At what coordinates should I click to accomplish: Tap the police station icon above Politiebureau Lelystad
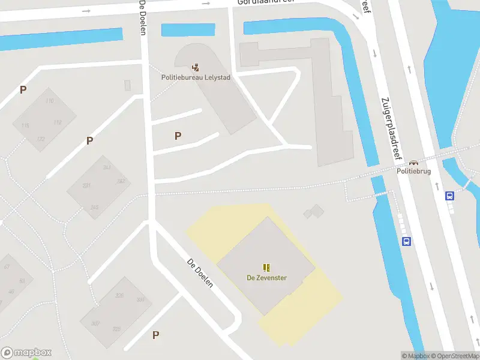pos(196,67)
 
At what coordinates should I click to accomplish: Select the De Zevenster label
pos(266,278)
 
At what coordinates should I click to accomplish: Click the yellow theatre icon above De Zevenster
pos(266,268)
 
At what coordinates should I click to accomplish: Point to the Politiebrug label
pos(414,171)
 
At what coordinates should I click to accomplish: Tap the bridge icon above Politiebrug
pos(414,162)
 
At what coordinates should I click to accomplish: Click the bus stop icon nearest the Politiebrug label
pos(449,195)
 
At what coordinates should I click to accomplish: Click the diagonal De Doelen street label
pos(200,274)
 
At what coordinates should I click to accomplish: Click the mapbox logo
pos(26,353)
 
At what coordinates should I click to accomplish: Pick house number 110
pos(49,101)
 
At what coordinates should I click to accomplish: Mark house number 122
pos(40,139)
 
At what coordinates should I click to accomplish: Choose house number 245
pos(94,208)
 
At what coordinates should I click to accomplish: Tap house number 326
pos(119,296)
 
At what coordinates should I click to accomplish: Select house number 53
pos(22,281)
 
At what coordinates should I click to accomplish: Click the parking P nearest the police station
pos(178,136)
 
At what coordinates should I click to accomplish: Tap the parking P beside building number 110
pos(23,90)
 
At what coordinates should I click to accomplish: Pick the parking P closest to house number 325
pos(156,335)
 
